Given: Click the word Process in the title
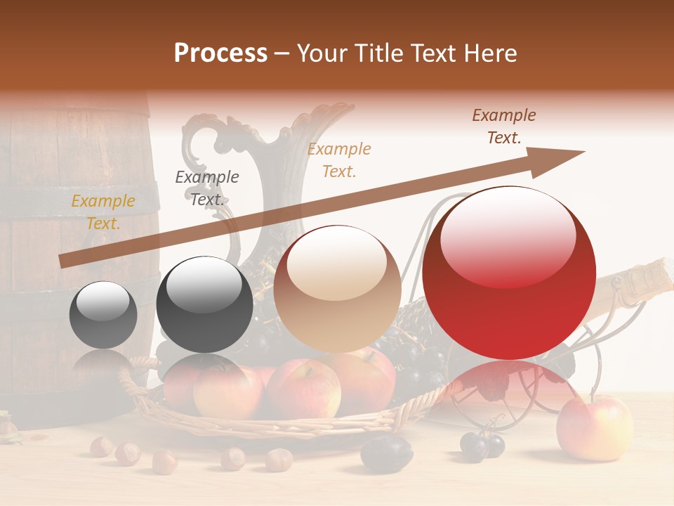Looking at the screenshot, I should (220, 53).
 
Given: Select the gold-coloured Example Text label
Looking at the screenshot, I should (103, 212).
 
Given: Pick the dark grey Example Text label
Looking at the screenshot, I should (206, 188).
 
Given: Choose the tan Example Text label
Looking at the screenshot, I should (339, 160).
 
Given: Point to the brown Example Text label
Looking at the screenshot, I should (503, 126).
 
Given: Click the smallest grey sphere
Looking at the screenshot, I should (103, 315).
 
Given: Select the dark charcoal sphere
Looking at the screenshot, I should (204, 305).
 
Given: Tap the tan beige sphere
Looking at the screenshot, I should (337, 290).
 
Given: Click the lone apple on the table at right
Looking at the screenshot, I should (594, 427).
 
